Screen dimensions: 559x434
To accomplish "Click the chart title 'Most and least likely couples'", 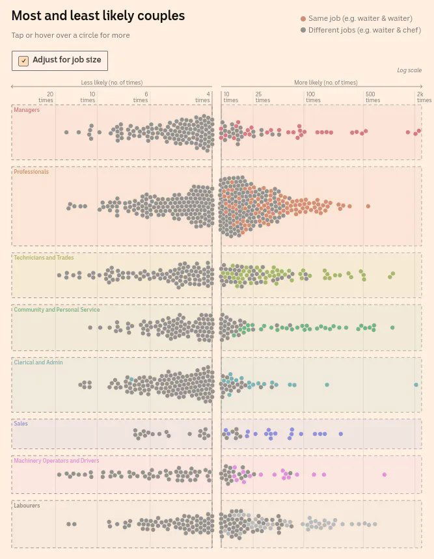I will click(98, 16).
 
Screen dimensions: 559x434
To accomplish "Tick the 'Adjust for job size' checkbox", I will click(23, 61).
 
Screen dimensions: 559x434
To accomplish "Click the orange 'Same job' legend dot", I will click(303, 19).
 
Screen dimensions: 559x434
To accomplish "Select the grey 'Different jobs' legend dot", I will click(303, 30).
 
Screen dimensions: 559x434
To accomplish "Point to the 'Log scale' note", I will click(409, 70).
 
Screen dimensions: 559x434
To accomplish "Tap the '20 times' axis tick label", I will click(46, 97).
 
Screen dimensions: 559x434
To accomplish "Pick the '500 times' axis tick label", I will click(372, 97).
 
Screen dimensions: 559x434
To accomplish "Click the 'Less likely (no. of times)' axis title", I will click(111, 83).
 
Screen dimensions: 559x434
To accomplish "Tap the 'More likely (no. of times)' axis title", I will click(325, 83).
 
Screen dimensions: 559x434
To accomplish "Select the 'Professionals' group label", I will click(31, 172).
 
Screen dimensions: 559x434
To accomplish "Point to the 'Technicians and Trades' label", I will click(44, 258).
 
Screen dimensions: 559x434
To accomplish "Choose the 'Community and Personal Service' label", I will click(57, 310).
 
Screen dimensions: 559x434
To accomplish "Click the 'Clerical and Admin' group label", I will click(38, 362).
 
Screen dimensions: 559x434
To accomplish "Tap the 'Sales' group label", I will click(21, 424).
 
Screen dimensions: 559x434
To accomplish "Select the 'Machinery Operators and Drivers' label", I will click(57, 461).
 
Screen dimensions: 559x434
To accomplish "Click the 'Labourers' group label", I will click(27, 505).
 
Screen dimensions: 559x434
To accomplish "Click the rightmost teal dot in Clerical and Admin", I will click(416, 385).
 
